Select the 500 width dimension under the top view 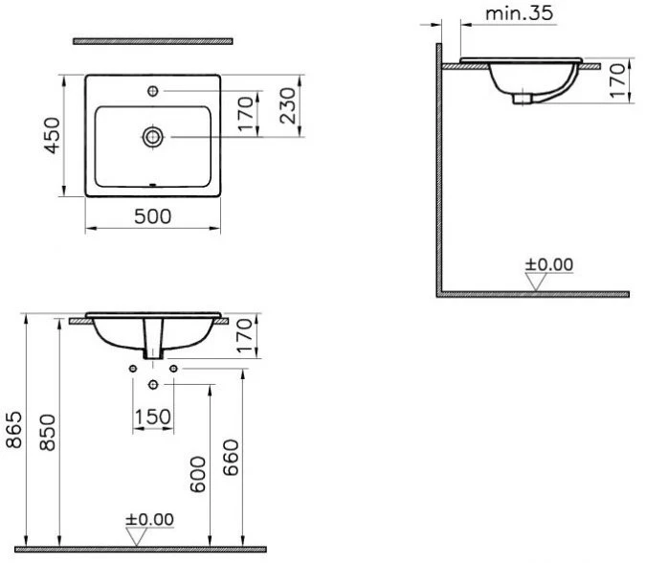[152, 216]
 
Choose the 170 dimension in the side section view [616, 81]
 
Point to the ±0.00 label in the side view [549, 264]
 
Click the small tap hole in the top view [152, 93]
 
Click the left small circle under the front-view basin [131, 369]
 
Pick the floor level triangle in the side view [536, 281]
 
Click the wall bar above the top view [152, 41]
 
